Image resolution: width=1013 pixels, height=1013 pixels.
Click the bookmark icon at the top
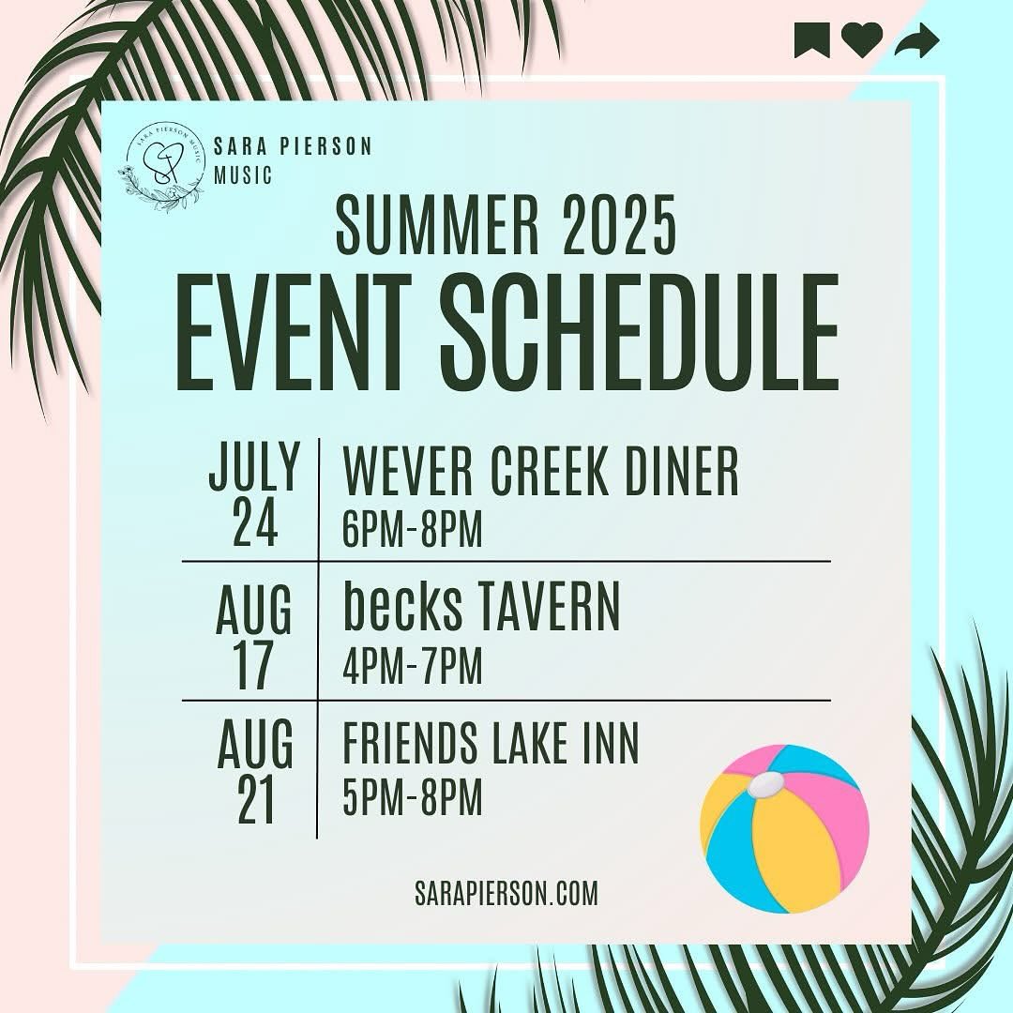[x=811, y=40]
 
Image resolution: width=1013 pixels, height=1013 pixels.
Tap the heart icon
[x=862, y=40]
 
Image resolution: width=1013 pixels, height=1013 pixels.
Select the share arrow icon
[x=916, y=40]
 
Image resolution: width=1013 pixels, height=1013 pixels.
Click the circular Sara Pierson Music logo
[x=160, y=166]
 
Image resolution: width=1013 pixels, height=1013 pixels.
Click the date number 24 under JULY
[x=255, y=525]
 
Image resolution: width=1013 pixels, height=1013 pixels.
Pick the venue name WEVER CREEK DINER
[x=541, y=473]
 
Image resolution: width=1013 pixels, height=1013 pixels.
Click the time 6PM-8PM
[x=413, y=531]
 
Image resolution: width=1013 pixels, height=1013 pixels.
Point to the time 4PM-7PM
[x=413, y=667]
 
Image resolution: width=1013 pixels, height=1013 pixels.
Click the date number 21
[x=255, y=802]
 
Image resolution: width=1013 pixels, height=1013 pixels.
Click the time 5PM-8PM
[x=413, y=801]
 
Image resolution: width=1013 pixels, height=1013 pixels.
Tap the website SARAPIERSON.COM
[x=506, y=893]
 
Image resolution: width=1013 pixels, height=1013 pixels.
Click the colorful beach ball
[x=784, y=828]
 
